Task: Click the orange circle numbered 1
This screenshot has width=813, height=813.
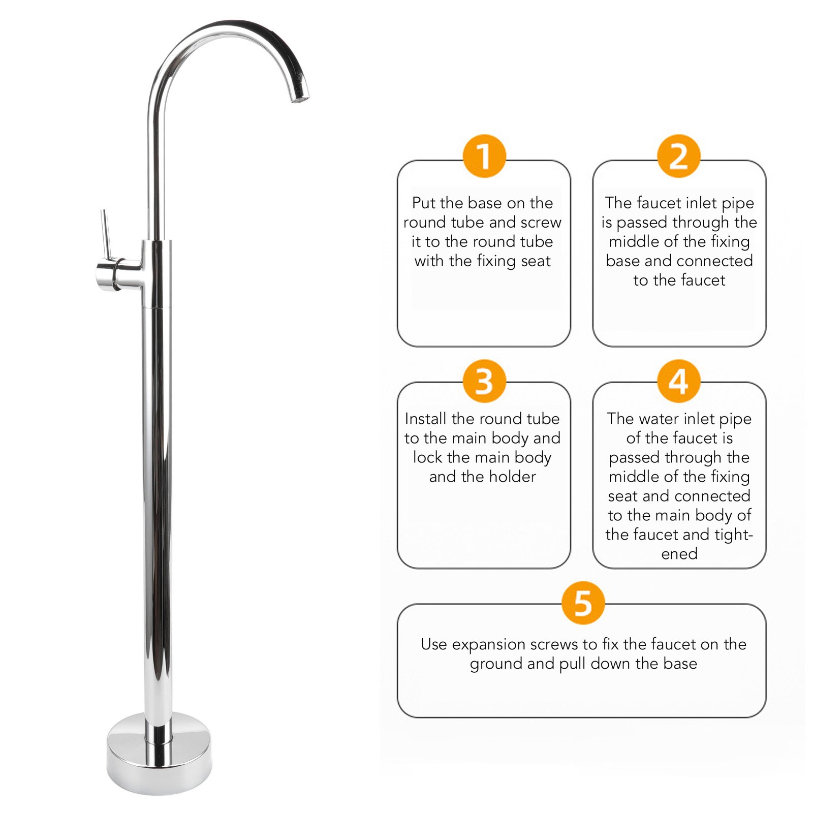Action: point(484,156)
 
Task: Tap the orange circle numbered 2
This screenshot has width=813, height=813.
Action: point(679,156)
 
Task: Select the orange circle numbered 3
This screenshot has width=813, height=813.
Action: point(484,381)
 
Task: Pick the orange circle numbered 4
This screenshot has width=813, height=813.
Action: point(679,381)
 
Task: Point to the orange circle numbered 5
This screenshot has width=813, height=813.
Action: point(583,603)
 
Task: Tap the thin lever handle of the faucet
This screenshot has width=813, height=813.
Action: point(105,234)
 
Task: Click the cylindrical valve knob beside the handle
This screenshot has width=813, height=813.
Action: point(108,275)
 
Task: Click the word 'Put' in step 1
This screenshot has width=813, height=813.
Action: point(424,203)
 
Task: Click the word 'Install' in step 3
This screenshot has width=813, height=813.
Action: point(425,419)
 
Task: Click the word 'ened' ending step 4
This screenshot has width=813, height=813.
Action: point(679,554)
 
